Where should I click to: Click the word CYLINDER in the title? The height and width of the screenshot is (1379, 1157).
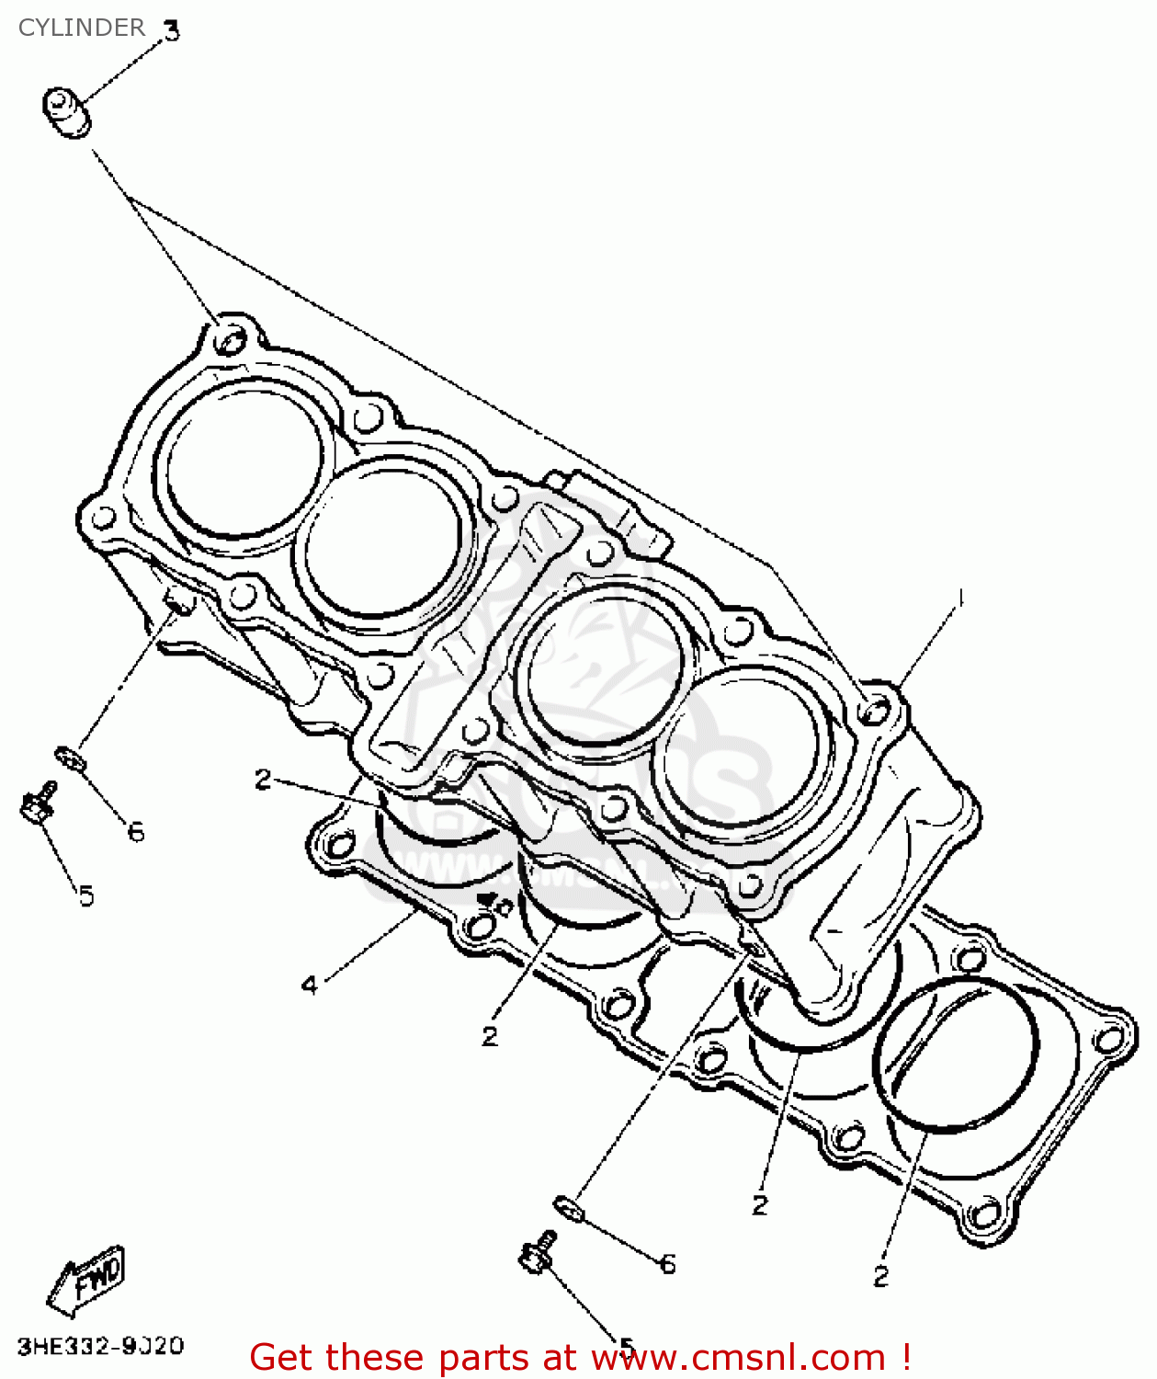click(81, 28)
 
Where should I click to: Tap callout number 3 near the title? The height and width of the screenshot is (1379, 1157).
click(171, 31)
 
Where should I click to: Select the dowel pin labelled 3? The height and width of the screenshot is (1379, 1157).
click(66, 112)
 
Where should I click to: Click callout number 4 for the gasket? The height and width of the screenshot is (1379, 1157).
click(310, 986)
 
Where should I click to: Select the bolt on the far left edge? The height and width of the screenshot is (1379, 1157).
click(37, 803)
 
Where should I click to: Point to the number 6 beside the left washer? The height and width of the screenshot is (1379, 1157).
click(136, 832)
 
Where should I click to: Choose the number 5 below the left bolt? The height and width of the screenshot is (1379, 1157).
click(85, 895)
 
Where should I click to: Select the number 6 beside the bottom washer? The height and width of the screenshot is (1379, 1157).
click(668, 1265)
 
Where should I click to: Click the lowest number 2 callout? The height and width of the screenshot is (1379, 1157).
click(880, 1276)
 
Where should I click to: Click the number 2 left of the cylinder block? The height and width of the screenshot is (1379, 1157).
click(263, 780)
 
